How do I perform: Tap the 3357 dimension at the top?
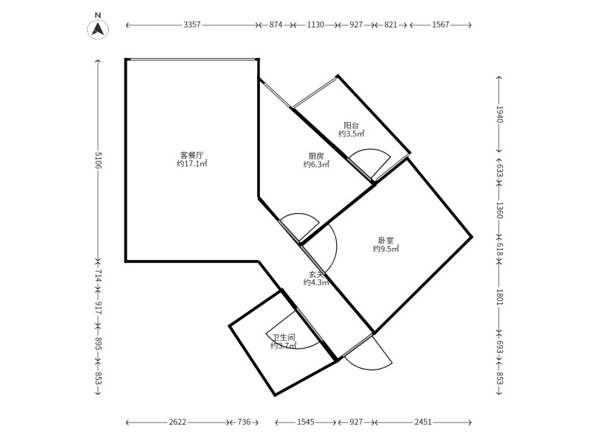point(191,25)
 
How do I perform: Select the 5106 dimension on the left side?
point(98,160)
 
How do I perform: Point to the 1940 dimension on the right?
point(499,115)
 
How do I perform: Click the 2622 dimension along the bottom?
point(177,422)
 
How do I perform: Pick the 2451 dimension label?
point(422,422)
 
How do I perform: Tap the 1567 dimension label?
point(440,25)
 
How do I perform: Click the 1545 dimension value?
point(305,422)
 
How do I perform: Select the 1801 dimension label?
point(499,297)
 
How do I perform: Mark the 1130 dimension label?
point(315,25)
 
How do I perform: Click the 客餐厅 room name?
point(191,155)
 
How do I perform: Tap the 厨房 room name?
point(316,156)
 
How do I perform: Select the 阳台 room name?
point(351,125)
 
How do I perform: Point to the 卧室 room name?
point(386,240)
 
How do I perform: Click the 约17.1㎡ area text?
point(192,164)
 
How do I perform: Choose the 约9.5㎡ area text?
point(386,249)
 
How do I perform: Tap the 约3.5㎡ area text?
point(352,134)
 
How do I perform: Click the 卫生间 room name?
point(284,337)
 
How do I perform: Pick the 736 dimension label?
point(244,422)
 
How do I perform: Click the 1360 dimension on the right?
point(499,210)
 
